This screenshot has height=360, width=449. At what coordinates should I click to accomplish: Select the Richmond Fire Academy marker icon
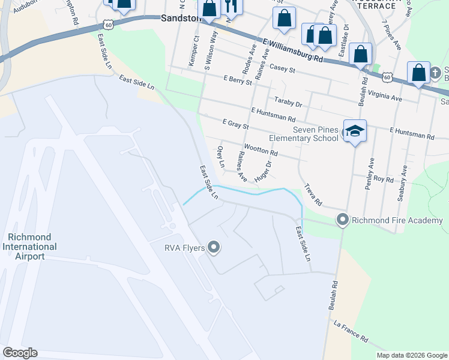point(343,220)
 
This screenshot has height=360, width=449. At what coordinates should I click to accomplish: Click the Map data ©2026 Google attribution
point(412,355)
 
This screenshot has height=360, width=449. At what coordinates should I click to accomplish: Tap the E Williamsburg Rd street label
point(293,51)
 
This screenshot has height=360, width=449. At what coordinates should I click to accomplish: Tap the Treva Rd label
point(313,194)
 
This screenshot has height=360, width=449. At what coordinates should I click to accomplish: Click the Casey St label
point(283,70)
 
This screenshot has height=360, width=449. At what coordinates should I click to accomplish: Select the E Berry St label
point(237,80)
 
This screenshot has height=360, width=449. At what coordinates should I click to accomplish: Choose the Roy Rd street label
point(383,179)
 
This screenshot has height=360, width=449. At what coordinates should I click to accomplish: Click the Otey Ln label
point(221,156)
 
